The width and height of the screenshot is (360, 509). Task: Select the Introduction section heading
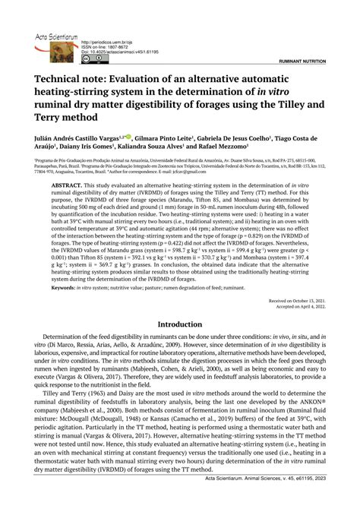point(180,324)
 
